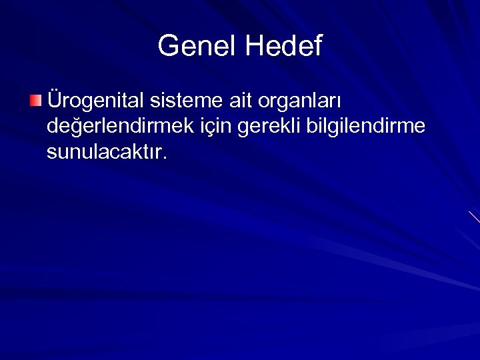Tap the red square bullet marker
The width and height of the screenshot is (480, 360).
[35, 101]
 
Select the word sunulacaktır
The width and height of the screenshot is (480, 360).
[106, 153]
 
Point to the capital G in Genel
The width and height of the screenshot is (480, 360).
[169, 46]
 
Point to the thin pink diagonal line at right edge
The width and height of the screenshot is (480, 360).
[474, 217]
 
